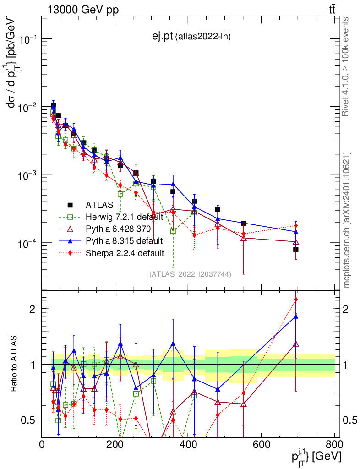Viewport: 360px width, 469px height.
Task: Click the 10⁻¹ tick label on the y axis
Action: click(x=28, y=40)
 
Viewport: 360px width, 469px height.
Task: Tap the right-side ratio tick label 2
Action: click(x=346, y=309)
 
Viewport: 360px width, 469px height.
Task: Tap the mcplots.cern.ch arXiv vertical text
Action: click(x=347, y=220)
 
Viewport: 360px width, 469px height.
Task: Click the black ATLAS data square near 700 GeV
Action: click(x=296, y=250)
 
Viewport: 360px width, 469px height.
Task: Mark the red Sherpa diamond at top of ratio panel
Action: click(x=296, y=300)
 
